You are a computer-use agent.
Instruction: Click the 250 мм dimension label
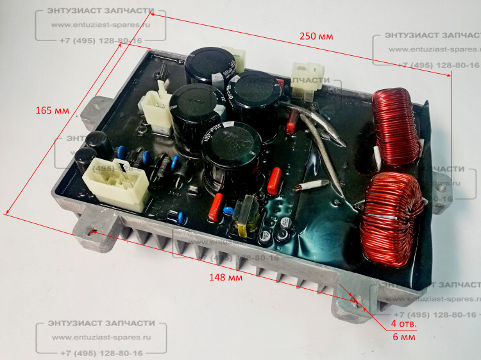(x=316, y=37)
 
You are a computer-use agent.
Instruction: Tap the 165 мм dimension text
(x=53, y=110)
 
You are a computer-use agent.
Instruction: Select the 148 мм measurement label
(x=226, y=278)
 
